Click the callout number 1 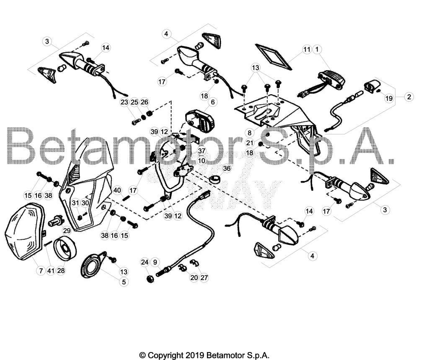tap(317, 49)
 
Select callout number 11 tap(307, 49)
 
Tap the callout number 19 tap(389, 98)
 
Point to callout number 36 tap(227, 168)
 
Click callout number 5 tap(124, 282)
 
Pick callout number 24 tap(145, 262)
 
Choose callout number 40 tap(117, 190)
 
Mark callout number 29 tap(67, 231)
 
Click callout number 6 tap(212, 102)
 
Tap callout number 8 tap(250, 133)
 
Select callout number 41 tap(51, 271)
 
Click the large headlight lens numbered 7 tap(25, 231)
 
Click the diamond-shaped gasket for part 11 tap(273, 57)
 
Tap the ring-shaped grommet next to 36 tap(215, 179)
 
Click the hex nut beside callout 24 tap(150, 279)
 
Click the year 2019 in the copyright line tap(195, 355)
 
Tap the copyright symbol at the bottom tap(142, 355)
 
